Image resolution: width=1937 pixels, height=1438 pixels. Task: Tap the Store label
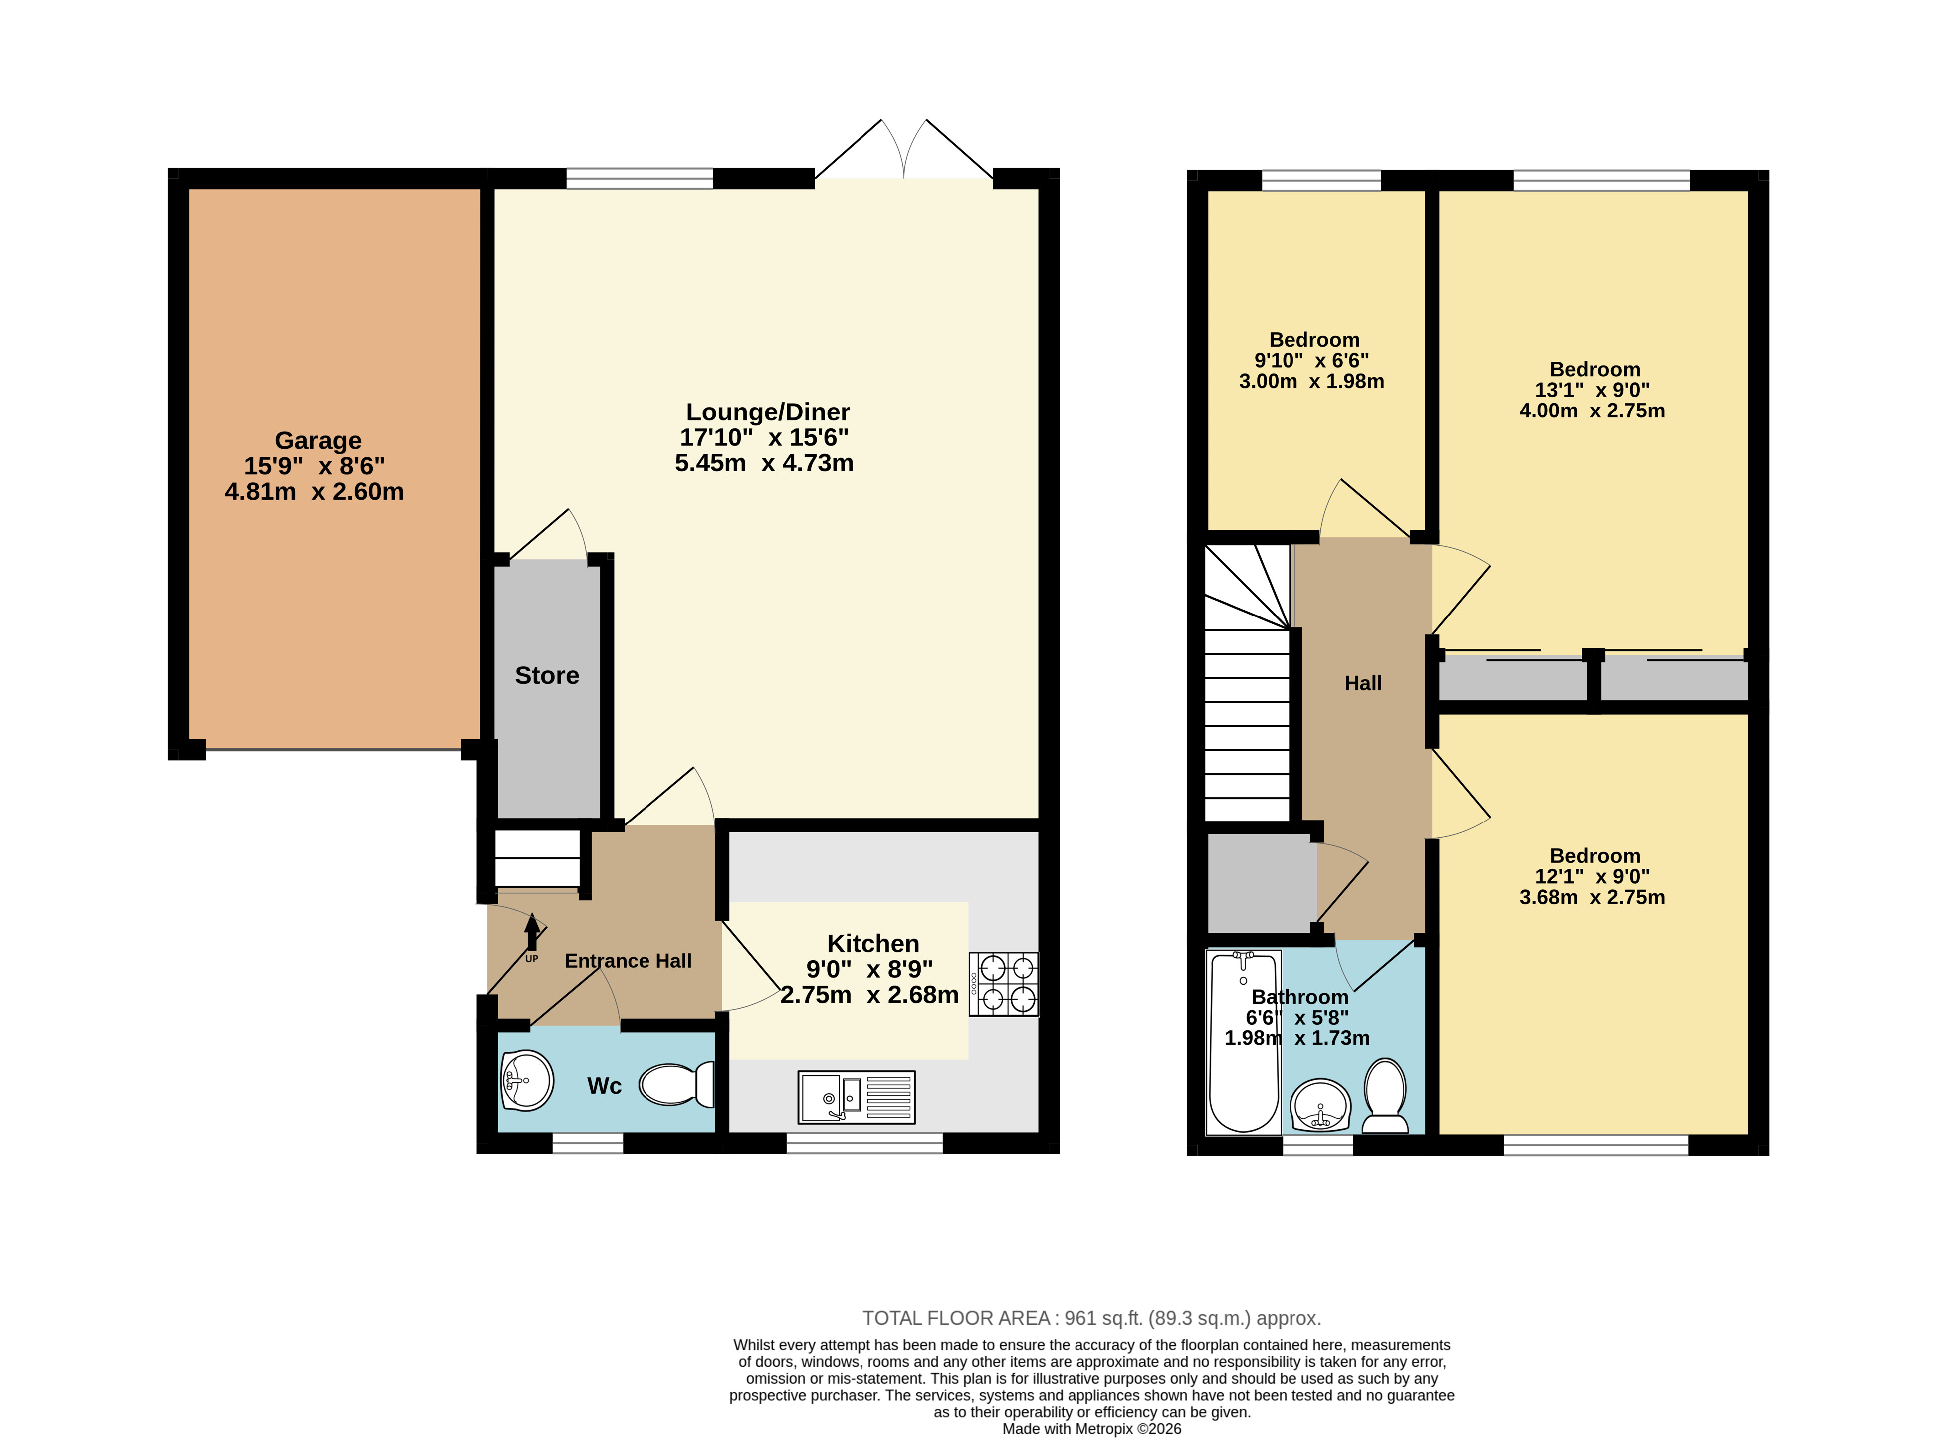click(547, 675)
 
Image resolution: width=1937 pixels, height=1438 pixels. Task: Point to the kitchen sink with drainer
click(857, 1097)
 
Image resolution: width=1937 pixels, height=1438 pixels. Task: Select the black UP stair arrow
click(532, 931)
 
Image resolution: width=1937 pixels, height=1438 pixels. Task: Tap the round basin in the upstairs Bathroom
click(1320, 1105)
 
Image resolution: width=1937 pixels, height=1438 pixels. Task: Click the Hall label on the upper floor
click(1363, 683)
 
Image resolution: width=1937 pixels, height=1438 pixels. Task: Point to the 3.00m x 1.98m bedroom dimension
click(1312, 381)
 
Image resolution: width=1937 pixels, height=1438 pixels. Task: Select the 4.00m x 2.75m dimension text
click(1592, 411)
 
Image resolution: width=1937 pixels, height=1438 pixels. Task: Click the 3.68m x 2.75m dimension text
click(1592, 897)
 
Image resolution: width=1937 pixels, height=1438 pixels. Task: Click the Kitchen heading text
click(873, 944)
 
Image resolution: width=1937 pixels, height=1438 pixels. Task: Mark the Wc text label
click(604, 1086)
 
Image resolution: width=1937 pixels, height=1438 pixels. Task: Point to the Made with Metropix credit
click(1091, 1429)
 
